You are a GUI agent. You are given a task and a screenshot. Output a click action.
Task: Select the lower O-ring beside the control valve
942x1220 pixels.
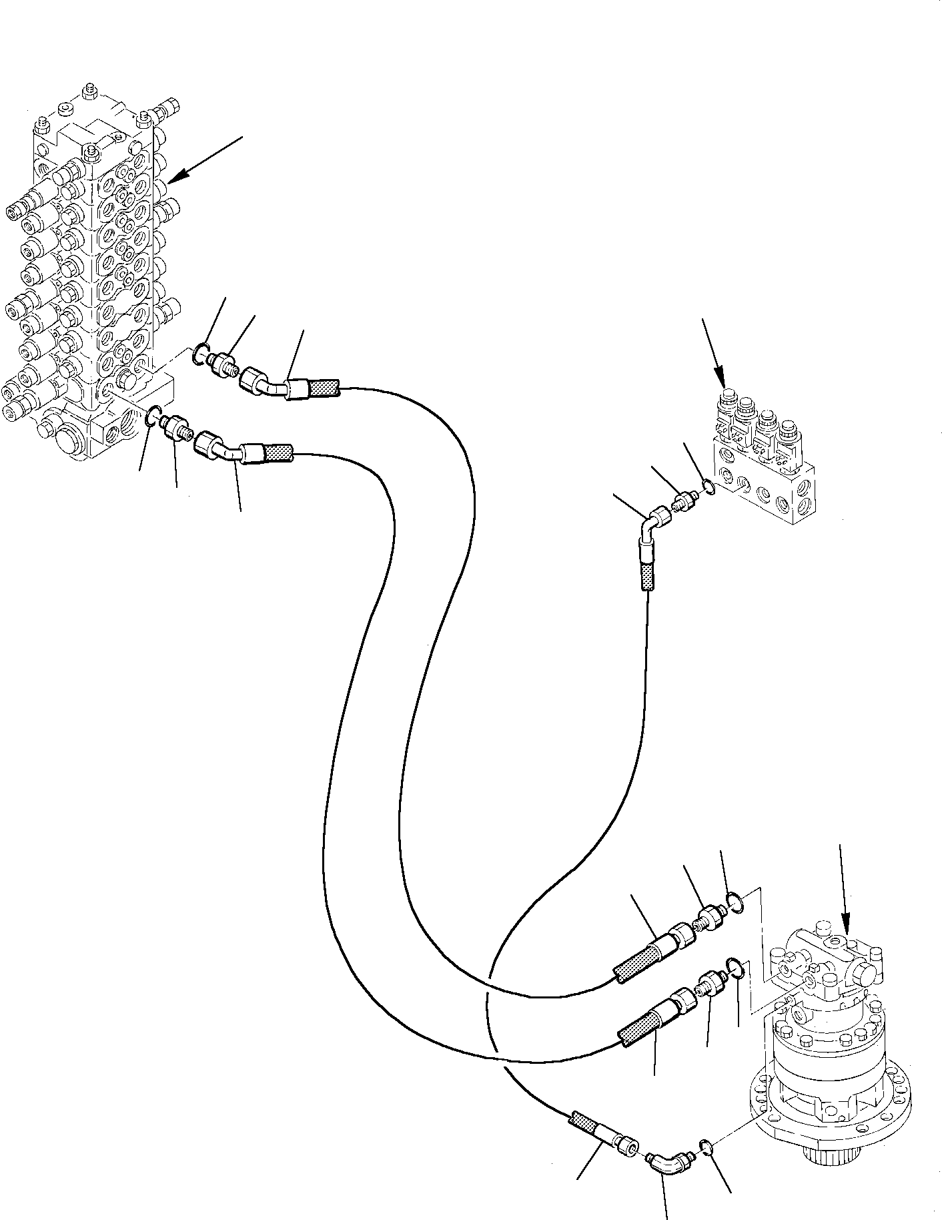pyautogui.click(x=152, y=418)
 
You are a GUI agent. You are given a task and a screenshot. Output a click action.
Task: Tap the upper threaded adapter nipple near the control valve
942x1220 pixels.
pyautogui.click(x=223, y=364)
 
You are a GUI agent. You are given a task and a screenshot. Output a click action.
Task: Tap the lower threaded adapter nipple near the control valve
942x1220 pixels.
pyautogui.click(x=177, y=427)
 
